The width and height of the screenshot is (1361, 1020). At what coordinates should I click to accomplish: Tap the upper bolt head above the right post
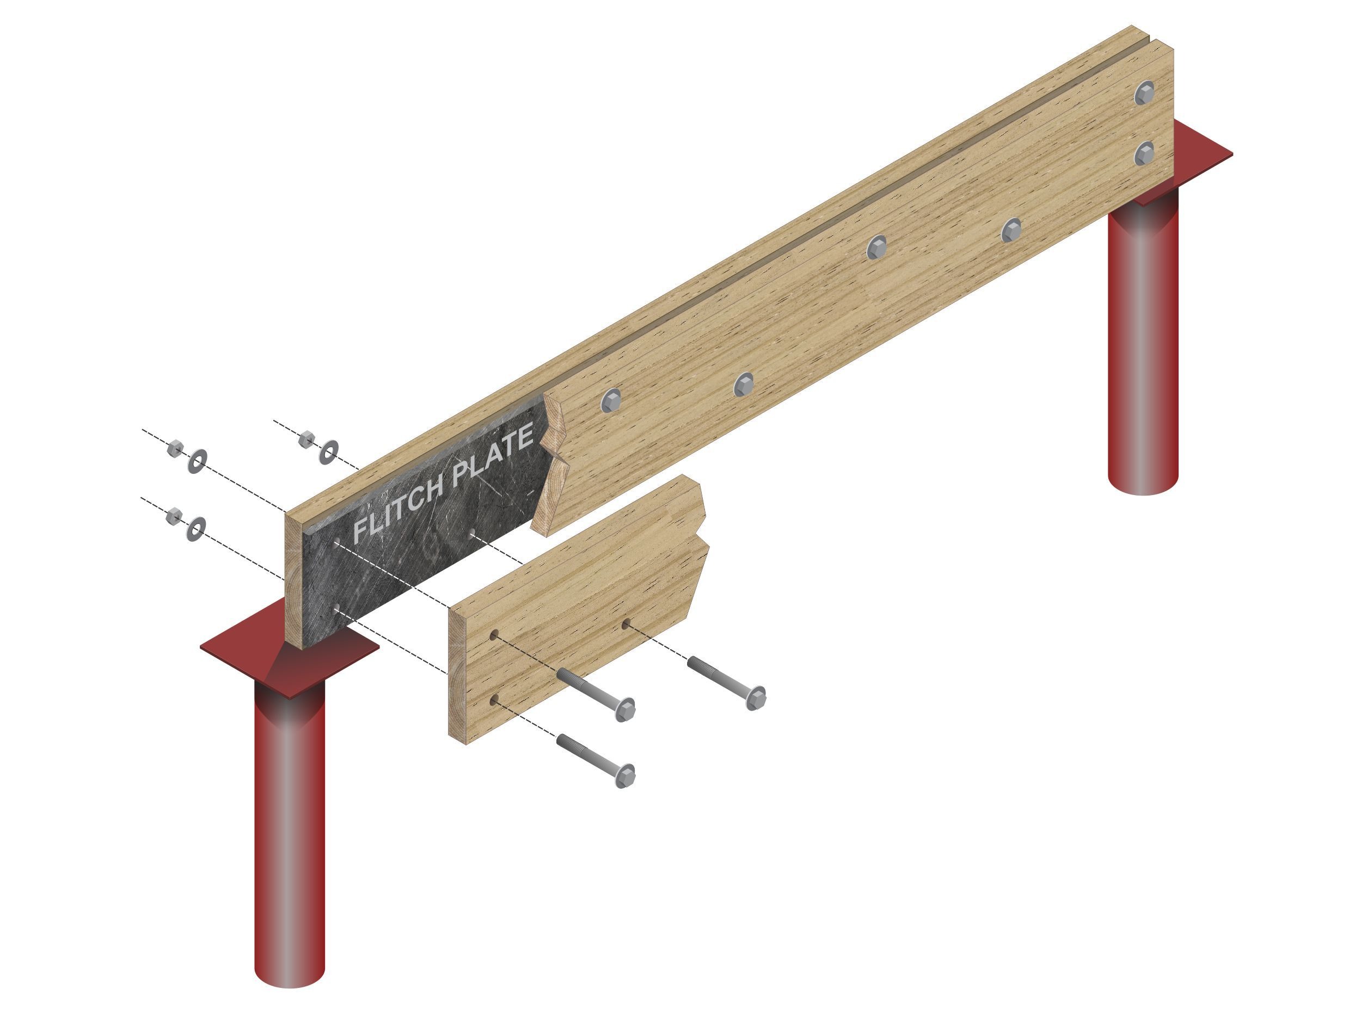click(x=1145, y=94)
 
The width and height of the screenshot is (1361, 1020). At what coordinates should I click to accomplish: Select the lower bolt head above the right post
click(x=1144, y=152)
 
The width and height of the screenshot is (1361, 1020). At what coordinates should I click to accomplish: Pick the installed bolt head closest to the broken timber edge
click(x=611, y=400)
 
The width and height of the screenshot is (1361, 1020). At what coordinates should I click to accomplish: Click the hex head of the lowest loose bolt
click(x=625, y=775)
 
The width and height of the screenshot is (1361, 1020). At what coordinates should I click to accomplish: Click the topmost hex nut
click(x=306, y=439)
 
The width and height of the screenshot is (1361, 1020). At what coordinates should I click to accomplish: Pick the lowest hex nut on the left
click(x=174, y=515)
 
